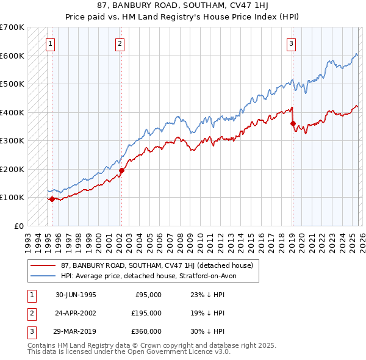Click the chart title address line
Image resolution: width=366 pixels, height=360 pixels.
pyautogui.click(x=183, y=5)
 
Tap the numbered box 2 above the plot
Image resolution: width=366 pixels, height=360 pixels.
pyautogui.click(x=120, y=43)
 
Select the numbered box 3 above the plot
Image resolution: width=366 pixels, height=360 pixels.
pyautogui.click(x=292, y=43)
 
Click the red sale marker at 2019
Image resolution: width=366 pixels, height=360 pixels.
pyautogui.click(x=293, y=124)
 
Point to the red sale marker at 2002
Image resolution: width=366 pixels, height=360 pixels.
pyautogui.click(x=121, y=170)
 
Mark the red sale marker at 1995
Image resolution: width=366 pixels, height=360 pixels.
pyautogui.click(x=52, y=198)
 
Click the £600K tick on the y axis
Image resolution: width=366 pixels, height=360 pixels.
pyautogui.click(x=12, y=56)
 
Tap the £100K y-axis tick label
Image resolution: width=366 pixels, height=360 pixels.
pyautogui.click(x=12, y=198)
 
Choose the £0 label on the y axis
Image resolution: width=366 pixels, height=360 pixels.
pyautogui.click(x=18, y=226)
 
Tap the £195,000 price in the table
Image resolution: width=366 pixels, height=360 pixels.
pyautogui.click(x=146, y=313)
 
